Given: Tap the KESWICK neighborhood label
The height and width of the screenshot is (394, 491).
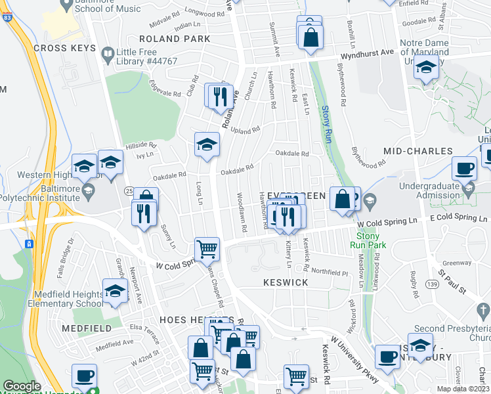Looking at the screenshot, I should (x=286, y=282).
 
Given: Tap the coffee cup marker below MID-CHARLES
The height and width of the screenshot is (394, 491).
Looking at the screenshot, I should (x=464, y=168).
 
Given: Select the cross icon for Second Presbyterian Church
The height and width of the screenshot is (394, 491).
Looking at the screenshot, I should (x=481, y=309).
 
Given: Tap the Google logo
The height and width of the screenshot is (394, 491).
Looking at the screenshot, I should (x=22, y=386).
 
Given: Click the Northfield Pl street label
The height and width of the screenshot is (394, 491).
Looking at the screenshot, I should (x=333, y=271).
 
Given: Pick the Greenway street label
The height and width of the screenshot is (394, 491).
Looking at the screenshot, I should (x=458, y=263).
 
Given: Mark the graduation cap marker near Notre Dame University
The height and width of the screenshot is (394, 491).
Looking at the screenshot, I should (x=426, y=68).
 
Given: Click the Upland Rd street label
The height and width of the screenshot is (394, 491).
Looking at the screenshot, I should (x=247, y=130).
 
